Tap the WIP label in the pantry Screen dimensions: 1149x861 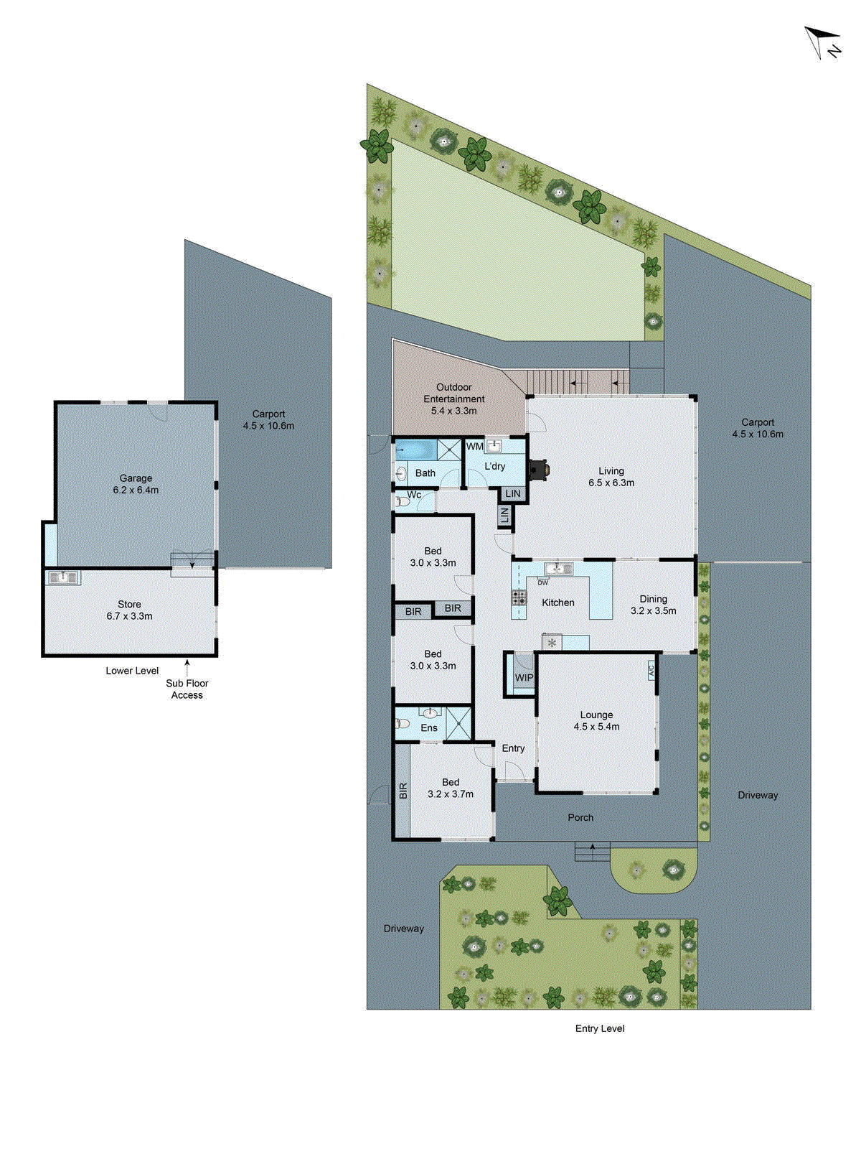pyautogui.click(x=524, y=678)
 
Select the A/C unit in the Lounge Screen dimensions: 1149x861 pyautogui.click(x=651, y=671)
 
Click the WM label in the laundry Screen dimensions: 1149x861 pyautogui.click(x=474, y=447)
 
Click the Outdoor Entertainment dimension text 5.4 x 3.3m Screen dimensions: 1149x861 pyautogui.click(x=453, y=411)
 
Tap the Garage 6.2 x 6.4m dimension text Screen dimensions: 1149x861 pyautogui.click(x=136, y=490)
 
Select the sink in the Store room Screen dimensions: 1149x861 pyautogui.click(x=63, y=577)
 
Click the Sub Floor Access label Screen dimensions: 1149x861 pyautogui.click(x=187, y=689)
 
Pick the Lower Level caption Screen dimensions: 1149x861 pyautogui.click(x=132, y=671)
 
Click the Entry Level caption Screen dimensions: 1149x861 pyautogui.click(x=599, y=1028)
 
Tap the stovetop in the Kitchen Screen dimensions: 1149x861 pyautogui.click(x=519, y=597)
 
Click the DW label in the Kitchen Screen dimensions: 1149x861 pyautogui.click(x=542, y=582)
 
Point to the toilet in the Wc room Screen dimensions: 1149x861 pyautogui.click(x=403, y=501)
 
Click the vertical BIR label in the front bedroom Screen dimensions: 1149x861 pyautogui.click(x=403, y=791)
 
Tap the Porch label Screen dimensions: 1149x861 pyautogui.click(x=580, y=817)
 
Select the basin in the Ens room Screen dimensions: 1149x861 pyautogui.click(x=429, y=713)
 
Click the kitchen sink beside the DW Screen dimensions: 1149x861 pyautogui.click(x=558, y=569)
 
